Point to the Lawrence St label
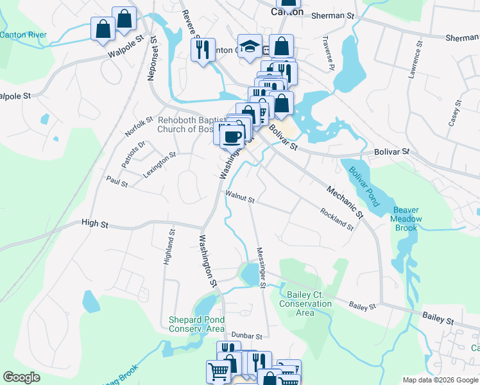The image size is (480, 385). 415,61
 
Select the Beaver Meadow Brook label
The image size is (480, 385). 407,219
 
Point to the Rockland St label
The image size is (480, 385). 337,219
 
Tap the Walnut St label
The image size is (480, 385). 240,196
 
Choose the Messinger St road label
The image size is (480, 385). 261,268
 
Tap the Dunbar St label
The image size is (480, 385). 247,336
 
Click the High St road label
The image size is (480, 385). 95,223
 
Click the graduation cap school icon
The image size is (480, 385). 250,46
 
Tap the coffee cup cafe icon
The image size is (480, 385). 233,135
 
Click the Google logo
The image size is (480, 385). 22,377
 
